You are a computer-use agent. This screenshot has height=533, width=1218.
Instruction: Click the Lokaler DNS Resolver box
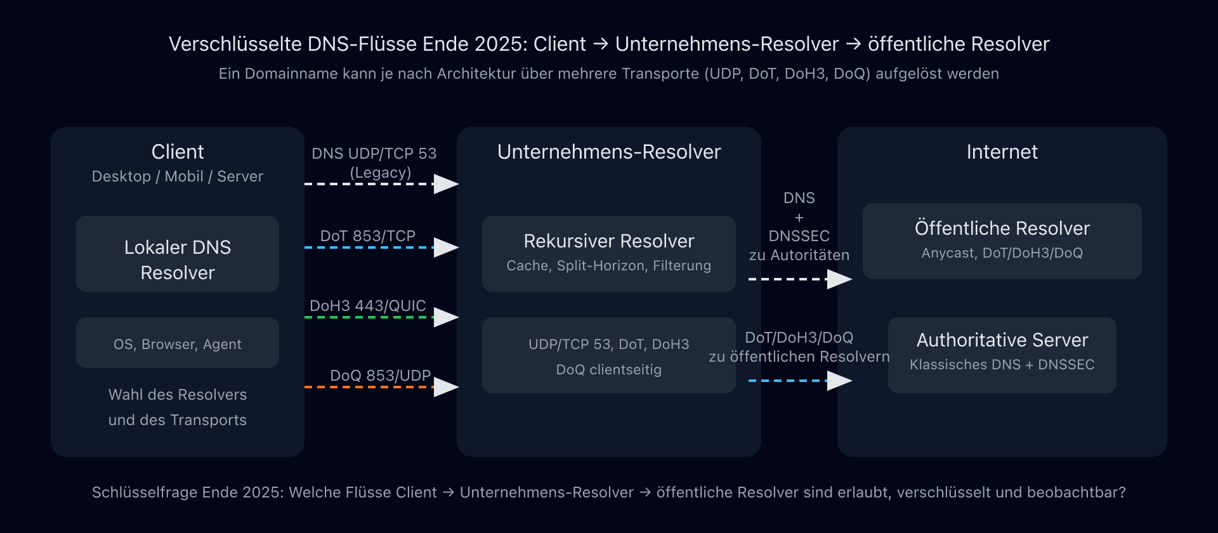177,254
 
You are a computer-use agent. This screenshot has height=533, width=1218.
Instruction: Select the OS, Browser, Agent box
177,343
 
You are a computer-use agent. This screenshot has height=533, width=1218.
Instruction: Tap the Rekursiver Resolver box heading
608,241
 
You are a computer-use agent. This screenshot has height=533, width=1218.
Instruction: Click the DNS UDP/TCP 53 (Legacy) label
374,162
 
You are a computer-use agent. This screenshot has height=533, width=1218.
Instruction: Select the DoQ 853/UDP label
380,375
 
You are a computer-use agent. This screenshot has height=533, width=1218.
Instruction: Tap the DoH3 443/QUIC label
367,305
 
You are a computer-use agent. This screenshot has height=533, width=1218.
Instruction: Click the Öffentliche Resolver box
1002,241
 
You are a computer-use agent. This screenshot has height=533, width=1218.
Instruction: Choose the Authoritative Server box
1002,355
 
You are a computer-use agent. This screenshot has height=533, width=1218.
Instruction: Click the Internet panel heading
1002,152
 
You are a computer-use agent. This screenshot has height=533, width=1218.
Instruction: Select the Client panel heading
177,152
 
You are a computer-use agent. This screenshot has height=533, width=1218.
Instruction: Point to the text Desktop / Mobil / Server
177,176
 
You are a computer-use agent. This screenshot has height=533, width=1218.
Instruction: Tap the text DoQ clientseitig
608,369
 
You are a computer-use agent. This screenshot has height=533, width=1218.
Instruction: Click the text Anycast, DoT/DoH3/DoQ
1002,253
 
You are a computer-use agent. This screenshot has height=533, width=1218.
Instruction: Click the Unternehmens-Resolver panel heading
608,152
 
